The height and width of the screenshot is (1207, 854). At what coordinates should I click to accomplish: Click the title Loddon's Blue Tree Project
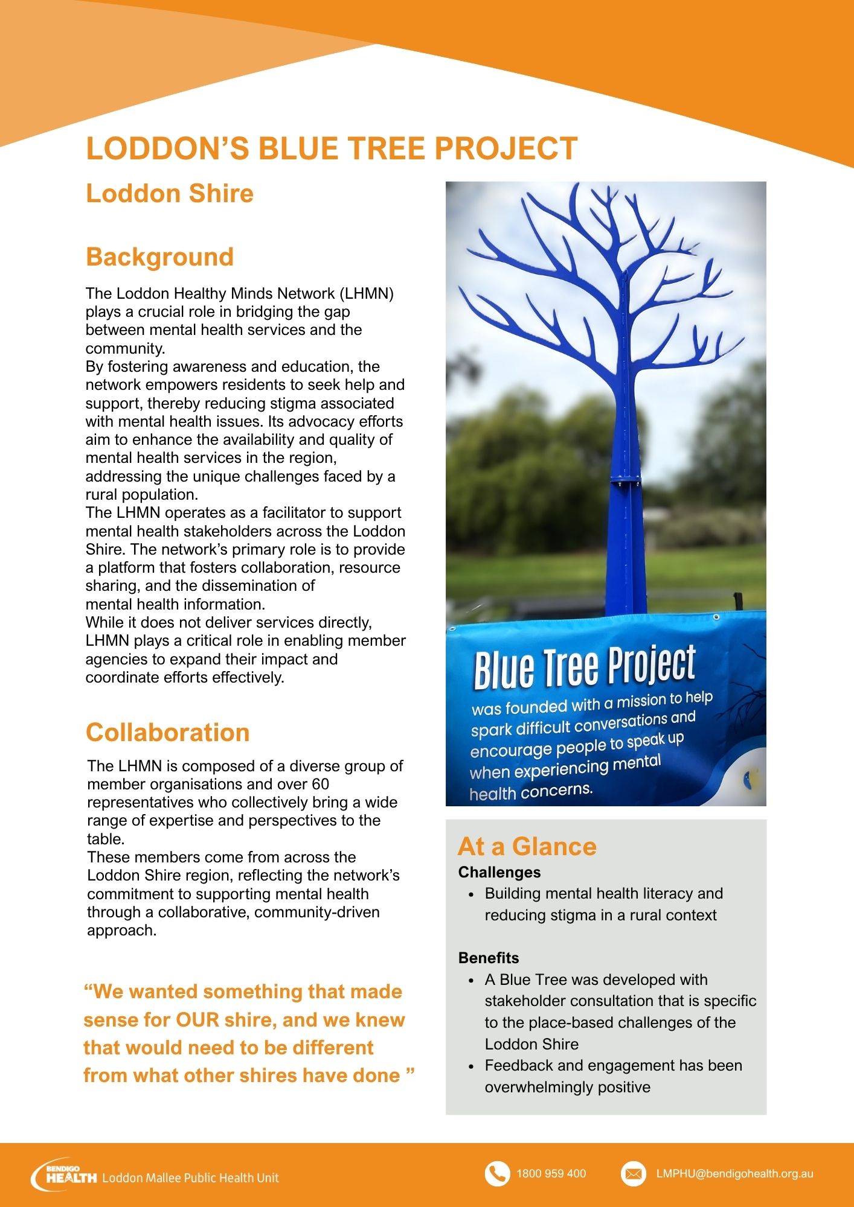click(x=332, y=148)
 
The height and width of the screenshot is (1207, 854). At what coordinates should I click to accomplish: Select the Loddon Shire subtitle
click(x=170, y=194)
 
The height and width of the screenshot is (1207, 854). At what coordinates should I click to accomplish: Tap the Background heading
click(x=159, y=257)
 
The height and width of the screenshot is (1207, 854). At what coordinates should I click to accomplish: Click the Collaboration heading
click(x=167, y=733)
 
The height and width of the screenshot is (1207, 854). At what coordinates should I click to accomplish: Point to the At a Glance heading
click(x=527, y=846)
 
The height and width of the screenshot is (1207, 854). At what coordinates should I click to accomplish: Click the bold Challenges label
click(x=499, y=872)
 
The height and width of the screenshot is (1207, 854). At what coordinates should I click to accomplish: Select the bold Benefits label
click(x=488, y=958)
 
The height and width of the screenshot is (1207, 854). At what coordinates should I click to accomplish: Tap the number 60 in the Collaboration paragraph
click(x=320, y=784)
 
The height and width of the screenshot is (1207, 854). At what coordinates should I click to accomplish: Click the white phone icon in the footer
click(x=497, y=1174)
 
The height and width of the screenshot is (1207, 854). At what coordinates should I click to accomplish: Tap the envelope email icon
click(x=633, y=1174)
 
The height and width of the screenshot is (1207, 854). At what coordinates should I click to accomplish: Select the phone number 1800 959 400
click(x=551, y=1174)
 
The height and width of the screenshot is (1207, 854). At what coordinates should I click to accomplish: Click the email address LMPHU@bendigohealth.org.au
click(x=734, y=1174)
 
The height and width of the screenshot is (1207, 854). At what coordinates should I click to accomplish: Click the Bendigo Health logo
click(x=63, y=1175)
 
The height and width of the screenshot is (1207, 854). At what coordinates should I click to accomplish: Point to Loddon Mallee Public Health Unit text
click(x=191, y=1177)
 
